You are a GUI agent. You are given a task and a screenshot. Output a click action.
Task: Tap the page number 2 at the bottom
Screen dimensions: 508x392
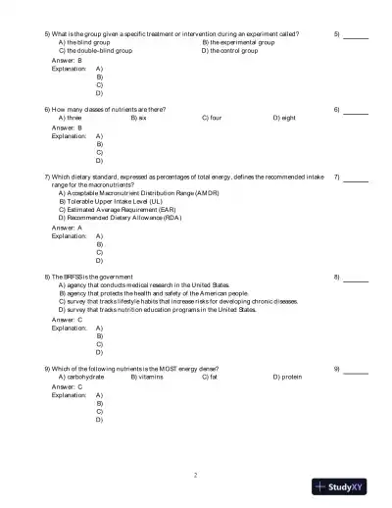196,475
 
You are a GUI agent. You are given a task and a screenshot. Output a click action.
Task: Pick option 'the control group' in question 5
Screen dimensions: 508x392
230,51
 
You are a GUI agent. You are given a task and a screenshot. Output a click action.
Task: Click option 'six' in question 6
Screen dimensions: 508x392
142,118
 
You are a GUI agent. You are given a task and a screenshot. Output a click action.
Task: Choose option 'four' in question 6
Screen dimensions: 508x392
212,118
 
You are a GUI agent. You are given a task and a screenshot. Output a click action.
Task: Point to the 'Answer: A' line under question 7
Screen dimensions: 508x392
67,228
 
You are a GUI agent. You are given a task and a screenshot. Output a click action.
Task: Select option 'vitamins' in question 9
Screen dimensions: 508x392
147,377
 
